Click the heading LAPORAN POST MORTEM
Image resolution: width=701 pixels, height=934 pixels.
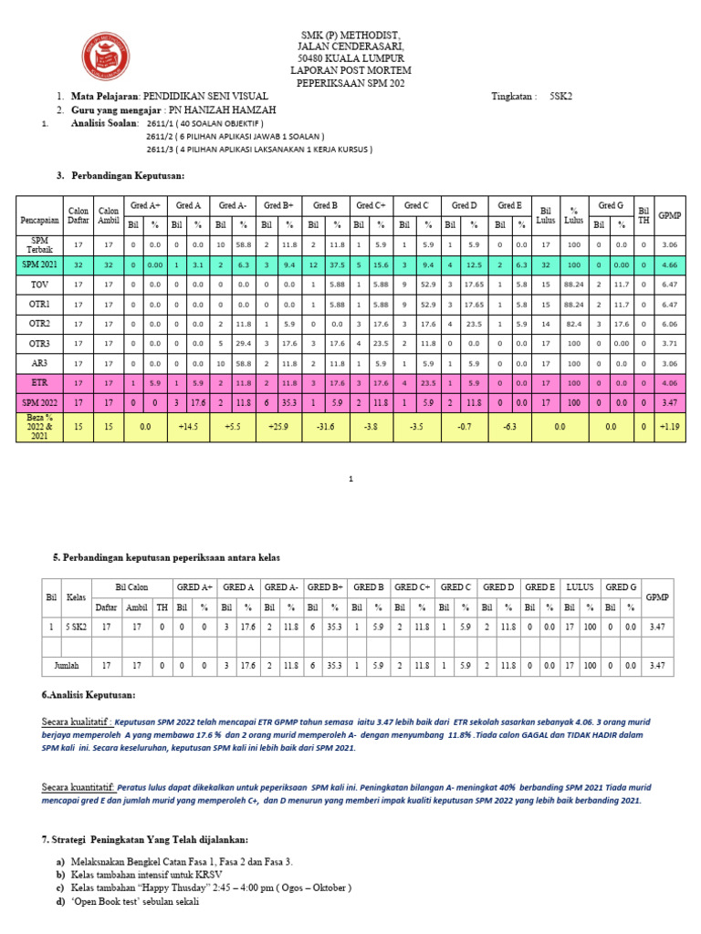(x=350, y=70)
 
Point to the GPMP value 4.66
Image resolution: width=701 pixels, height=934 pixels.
(x=669, y=264)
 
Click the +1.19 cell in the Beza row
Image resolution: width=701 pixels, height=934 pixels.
(x=669, y=425)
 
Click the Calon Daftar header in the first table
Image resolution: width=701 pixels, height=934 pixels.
(x=78, y=214)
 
